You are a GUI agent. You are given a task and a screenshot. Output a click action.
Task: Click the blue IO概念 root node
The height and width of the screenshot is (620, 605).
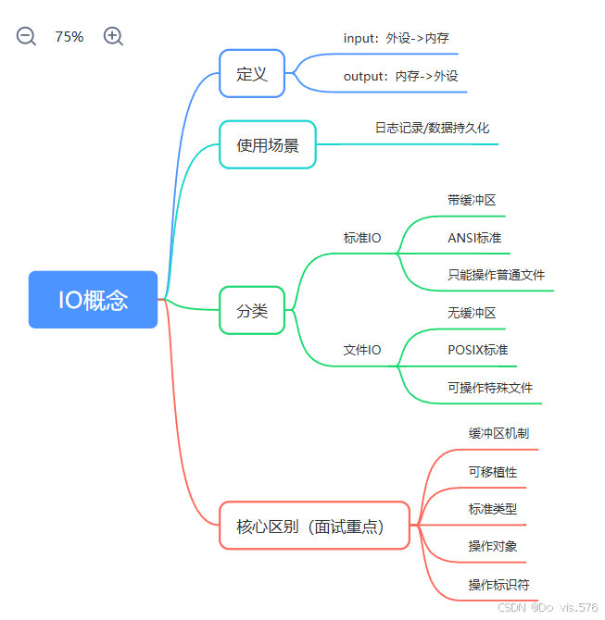(x=93, y=300)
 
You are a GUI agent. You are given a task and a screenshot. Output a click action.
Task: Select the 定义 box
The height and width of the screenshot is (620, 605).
(x=252, y=74)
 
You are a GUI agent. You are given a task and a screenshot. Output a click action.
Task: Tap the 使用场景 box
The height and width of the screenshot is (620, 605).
(x=268, y=144)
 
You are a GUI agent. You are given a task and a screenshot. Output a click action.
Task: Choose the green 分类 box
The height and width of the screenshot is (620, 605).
(x=252, y=311)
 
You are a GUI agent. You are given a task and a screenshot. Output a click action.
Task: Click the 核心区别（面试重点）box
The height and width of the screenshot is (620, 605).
(x=314, y=527)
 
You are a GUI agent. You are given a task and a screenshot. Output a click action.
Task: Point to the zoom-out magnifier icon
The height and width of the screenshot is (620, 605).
(x=26, y=37)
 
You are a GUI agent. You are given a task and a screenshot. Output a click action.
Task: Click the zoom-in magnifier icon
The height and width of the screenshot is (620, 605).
(x=113, y=37)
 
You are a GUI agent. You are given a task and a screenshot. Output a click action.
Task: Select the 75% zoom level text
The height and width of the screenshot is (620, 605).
(x=69, y=37)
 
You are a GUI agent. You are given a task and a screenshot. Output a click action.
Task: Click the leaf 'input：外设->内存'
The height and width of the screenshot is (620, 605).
(x=396, y=39)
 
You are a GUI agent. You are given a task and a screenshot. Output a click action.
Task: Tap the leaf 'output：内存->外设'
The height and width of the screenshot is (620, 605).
(x=400, y=77)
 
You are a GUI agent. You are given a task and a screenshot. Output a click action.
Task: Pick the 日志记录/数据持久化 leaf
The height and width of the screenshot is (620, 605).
(x=432, y=128)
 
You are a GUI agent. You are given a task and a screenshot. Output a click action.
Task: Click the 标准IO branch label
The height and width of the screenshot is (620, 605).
(x=362, y=238)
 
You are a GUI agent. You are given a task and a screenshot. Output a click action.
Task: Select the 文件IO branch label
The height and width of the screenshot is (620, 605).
(x=362, y=350)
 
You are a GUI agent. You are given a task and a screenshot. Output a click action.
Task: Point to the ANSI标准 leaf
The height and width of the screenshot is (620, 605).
(x=474, y=238)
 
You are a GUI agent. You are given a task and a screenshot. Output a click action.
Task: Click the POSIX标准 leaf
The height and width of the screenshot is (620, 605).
(x=477, y=350)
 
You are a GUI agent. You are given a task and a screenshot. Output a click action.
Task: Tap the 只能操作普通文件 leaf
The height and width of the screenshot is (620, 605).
(x=496, y=275)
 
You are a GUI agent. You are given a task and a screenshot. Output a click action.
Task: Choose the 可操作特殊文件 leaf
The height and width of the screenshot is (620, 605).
(x=490, y=388)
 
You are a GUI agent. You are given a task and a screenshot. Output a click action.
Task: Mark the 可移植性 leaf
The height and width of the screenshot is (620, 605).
(x=493, y=472)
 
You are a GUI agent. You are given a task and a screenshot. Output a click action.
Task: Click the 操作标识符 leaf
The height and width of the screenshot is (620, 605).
(x=498, y=585)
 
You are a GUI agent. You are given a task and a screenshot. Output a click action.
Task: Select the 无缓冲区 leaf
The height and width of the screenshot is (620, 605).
(x=472, y=313)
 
